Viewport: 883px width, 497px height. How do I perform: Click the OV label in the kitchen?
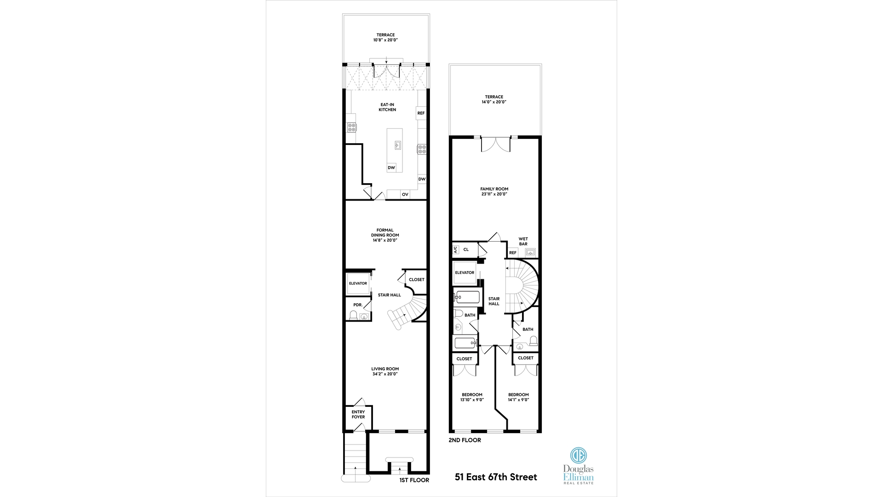[x=405, y=195]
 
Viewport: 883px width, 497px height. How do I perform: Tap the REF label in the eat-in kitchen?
[x=421, y=113]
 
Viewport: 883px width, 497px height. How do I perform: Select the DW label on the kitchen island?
[x=391, y=168]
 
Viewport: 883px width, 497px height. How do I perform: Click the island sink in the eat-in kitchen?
[x=397, y=145]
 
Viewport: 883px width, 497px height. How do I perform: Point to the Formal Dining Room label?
[x=385, y=235]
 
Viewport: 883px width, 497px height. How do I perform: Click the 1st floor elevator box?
[x=358, y=283]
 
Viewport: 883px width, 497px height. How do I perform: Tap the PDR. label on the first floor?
[x=357, y=305]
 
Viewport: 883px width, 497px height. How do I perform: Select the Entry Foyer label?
[x=358, y=415]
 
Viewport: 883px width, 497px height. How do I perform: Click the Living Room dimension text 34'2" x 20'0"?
[x=385, y=374]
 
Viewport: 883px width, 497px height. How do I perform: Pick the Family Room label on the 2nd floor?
[x=494, y=189]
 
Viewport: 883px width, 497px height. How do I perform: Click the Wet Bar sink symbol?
[x=530, y=252]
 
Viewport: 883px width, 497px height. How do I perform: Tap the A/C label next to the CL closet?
[x=456, y=250]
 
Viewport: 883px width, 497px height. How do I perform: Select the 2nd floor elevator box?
[x=464, y=273]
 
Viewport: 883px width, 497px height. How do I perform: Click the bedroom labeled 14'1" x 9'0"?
[x=518, y=397]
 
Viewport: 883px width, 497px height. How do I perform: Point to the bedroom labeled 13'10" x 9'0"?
[x=472, y=397]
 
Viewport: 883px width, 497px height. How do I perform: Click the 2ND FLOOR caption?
[x=464, y=440]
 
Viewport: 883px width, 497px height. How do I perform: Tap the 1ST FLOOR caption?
[x=414, y=480]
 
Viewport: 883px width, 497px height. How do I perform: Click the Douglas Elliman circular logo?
[x=578, y=455]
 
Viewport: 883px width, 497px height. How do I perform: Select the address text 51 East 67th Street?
[x=496, y=477]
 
